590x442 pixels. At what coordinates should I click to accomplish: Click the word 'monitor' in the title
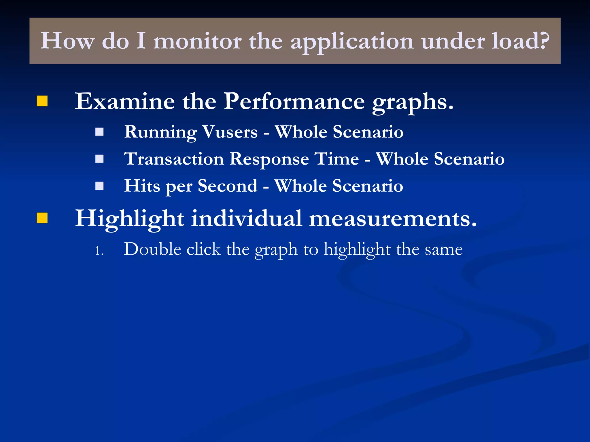point(197,41)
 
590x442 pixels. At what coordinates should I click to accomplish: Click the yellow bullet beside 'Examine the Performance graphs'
point(42,101)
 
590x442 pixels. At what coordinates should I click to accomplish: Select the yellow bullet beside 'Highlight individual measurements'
point(42,218)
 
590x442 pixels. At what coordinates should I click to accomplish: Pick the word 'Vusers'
point(230,132)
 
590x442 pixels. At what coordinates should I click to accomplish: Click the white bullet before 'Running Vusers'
point(99,132)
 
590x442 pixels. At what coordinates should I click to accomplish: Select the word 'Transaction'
point(174,159)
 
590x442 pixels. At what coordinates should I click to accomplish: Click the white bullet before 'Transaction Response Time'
point(99,159)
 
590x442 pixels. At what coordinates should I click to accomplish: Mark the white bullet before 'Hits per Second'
point(99,186)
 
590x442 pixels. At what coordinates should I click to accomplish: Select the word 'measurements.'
point(393,219)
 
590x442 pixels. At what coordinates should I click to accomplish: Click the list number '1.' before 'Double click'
point(99,251)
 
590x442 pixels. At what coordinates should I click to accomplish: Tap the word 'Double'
point(152,249)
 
